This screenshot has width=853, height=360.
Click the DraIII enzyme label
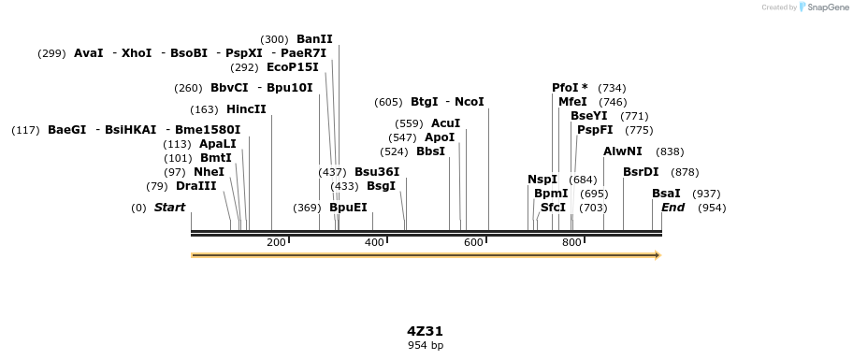point(195,186)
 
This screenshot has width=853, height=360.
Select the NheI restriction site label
point(209,172)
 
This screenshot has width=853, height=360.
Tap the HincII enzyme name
point(246,109)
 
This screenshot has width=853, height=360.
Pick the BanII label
point(314,39)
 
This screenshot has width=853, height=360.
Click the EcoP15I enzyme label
point(293,67)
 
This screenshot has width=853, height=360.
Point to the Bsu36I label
point(377,172)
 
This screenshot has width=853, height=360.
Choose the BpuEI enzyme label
point(348,208)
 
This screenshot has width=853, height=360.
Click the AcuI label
point(445,123)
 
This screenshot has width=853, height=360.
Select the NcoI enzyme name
point(470,102)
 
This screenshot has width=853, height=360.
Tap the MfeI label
point(572,102)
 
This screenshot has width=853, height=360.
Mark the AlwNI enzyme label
point(623,151)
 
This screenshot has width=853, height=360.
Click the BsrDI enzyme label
point(641,172)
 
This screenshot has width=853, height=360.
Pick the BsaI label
point(666,194)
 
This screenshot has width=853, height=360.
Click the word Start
point(169,208)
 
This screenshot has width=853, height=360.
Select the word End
point(673,208)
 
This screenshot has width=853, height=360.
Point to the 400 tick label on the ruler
point(374,243)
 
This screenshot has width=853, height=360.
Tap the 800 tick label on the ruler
point(571,243)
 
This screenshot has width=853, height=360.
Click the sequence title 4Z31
point(425,331)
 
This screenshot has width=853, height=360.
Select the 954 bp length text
point(425,346)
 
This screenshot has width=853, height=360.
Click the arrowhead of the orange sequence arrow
point(658,255)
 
